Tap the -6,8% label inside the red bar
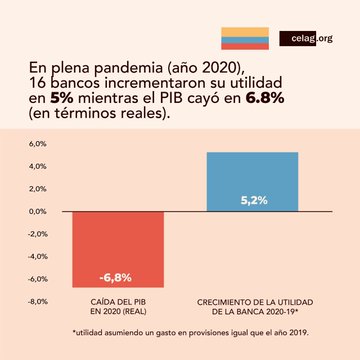(x=115, y=276)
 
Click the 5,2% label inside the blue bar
(x=253, y=200)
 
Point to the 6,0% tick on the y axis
(x=36, y=144)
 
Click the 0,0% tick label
(x=36, y=211)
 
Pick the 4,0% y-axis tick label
(x=36, y=166)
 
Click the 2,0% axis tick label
(x=36, y=189)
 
